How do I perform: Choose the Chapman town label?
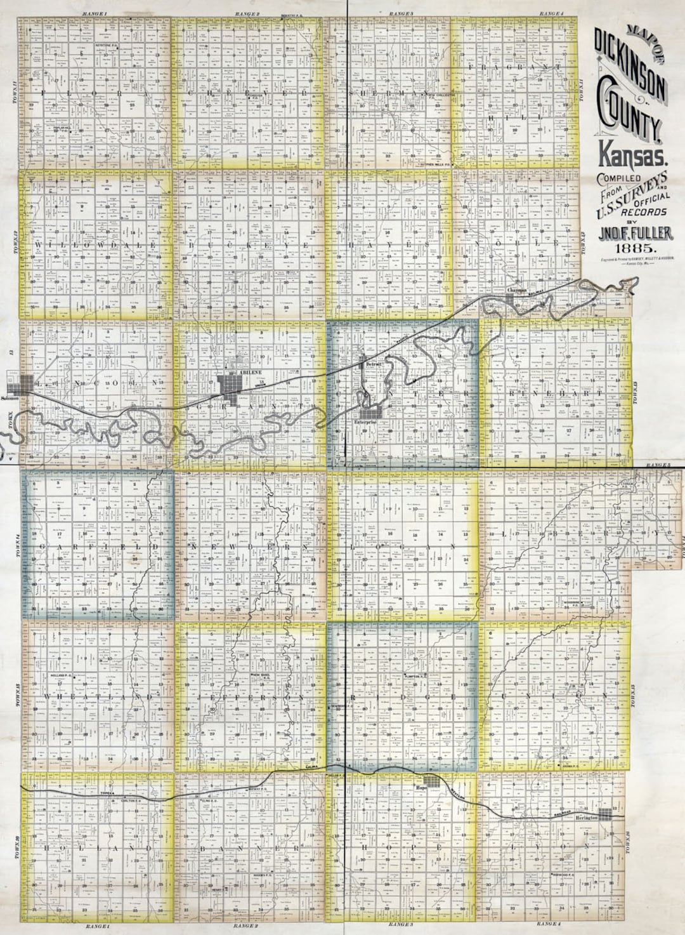coord(519,290)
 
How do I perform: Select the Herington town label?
coord(587,819)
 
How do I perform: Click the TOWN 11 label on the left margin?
coord(13,93)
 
